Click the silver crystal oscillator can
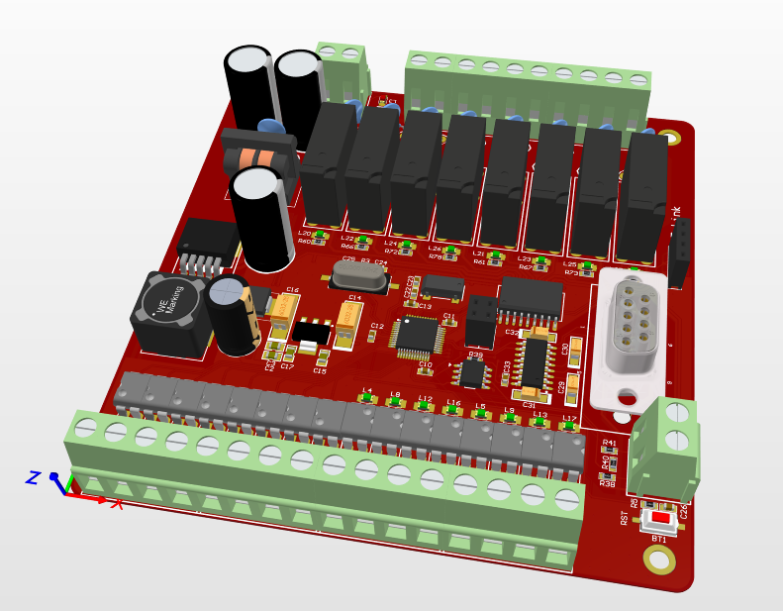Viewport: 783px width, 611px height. point(352,273)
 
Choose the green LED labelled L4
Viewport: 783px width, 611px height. point(366,398)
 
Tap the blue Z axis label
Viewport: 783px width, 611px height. point(33,477)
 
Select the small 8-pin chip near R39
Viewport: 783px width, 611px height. point(472,372)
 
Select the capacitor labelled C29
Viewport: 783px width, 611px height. point(572,387)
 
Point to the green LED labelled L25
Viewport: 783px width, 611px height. point(588,266)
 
